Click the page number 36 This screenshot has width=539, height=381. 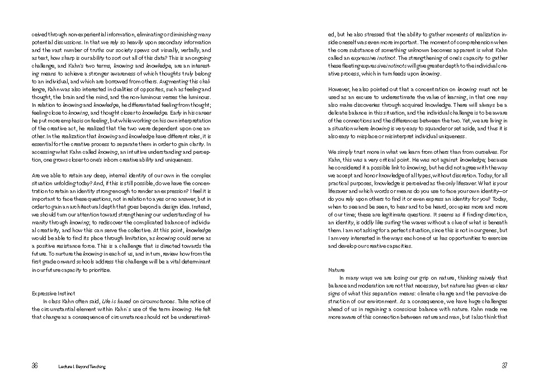[35, 366]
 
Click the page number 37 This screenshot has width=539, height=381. [504, 366]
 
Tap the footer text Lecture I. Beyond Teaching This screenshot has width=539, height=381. [82, 366]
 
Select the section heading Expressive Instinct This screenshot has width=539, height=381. [54, 293]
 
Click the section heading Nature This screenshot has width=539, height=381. [337, 270]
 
